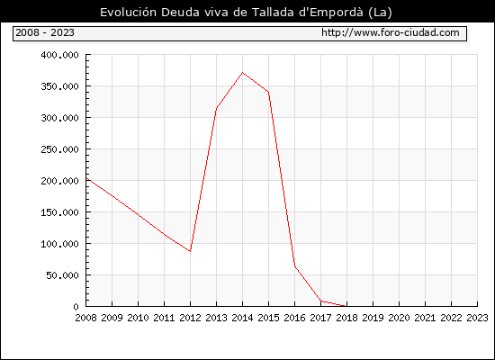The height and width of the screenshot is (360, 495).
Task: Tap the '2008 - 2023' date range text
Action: (x=45, y=32)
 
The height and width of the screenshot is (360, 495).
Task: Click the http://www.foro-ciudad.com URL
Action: (x=391, y=32)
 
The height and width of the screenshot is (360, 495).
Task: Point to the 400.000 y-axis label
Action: (x=59, y=55)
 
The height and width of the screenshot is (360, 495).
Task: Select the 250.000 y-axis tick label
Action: (x=59, y=149)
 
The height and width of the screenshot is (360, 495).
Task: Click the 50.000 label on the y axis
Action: (x=62, y=275)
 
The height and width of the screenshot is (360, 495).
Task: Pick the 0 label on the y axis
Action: (x=76, y=307)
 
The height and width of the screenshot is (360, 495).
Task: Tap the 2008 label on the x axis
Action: (x=85, y=318)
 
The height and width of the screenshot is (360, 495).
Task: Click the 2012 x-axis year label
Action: (x=191, y=318)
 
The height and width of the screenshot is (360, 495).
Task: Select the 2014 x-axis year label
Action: (x=242, y=318)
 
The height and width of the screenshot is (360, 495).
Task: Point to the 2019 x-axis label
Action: (x=373, y=318)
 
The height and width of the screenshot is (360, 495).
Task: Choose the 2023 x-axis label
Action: (x=477, y=318)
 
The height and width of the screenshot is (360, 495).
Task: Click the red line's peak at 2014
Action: (x=242, y=73)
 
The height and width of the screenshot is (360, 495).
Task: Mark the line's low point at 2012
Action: (x=191, y=251)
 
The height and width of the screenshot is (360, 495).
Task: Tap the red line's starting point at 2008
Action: (x=86, y=179)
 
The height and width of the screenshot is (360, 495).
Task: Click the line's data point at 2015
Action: (x=268, y=92)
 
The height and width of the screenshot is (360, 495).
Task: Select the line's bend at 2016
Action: (x=295, y=266)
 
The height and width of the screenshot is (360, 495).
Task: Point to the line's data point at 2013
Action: (x=216, y=108)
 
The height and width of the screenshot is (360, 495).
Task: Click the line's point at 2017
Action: (x=320, y=301)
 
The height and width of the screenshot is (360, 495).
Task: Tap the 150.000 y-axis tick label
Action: (x=59, y=212)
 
